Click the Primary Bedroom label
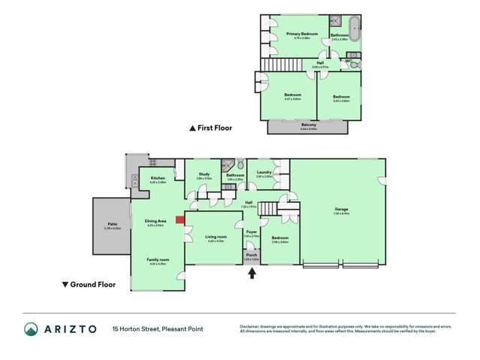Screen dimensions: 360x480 point(301,34)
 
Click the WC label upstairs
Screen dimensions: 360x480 point(349,60)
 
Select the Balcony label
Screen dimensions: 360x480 point(308,125)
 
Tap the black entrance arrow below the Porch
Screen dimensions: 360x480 point(252,273)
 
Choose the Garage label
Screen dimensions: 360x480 point(341,210)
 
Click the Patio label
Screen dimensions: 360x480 point(112,224)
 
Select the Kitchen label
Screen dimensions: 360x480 point(157,179)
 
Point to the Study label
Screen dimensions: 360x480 point(204,174)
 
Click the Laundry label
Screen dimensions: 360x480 point(263,173)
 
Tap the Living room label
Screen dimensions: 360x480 point(216,237)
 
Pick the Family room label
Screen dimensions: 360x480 point(158,259)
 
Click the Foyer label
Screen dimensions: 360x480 point(252,232)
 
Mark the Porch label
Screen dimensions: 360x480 point(252,256)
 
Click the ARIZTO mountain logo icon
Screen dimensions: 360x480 point(31,328)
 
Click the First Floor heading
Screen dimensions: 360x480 point(214,128)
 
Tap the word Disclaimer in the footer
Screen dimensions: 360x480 point(252,326)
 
